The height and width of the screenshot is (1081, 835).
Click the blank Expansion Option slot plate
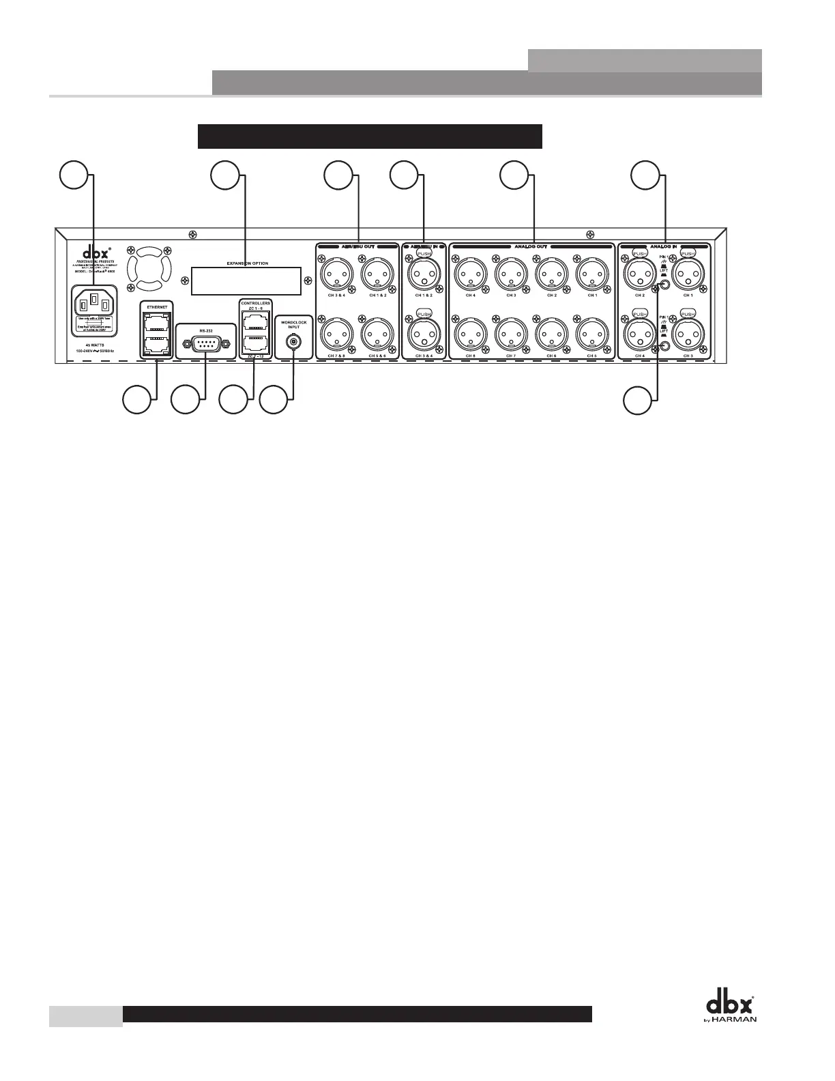tap(246, 280)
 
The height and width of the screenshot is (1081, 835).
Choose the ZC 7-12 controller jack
tap(255, 341)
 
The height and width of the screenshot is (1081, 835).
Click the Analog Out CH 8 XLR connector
tap(470, 334)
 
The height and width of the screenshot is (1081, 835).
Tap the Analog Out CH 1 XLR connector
tap(592, 275)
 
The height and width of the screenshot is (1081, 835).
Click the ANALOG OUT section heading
tap(531, 246)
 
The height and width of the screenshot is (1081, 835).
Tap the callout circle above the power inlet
tap(72, 175)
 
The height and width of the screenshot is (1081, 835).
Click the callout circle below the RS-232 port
tap(185, 399)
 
